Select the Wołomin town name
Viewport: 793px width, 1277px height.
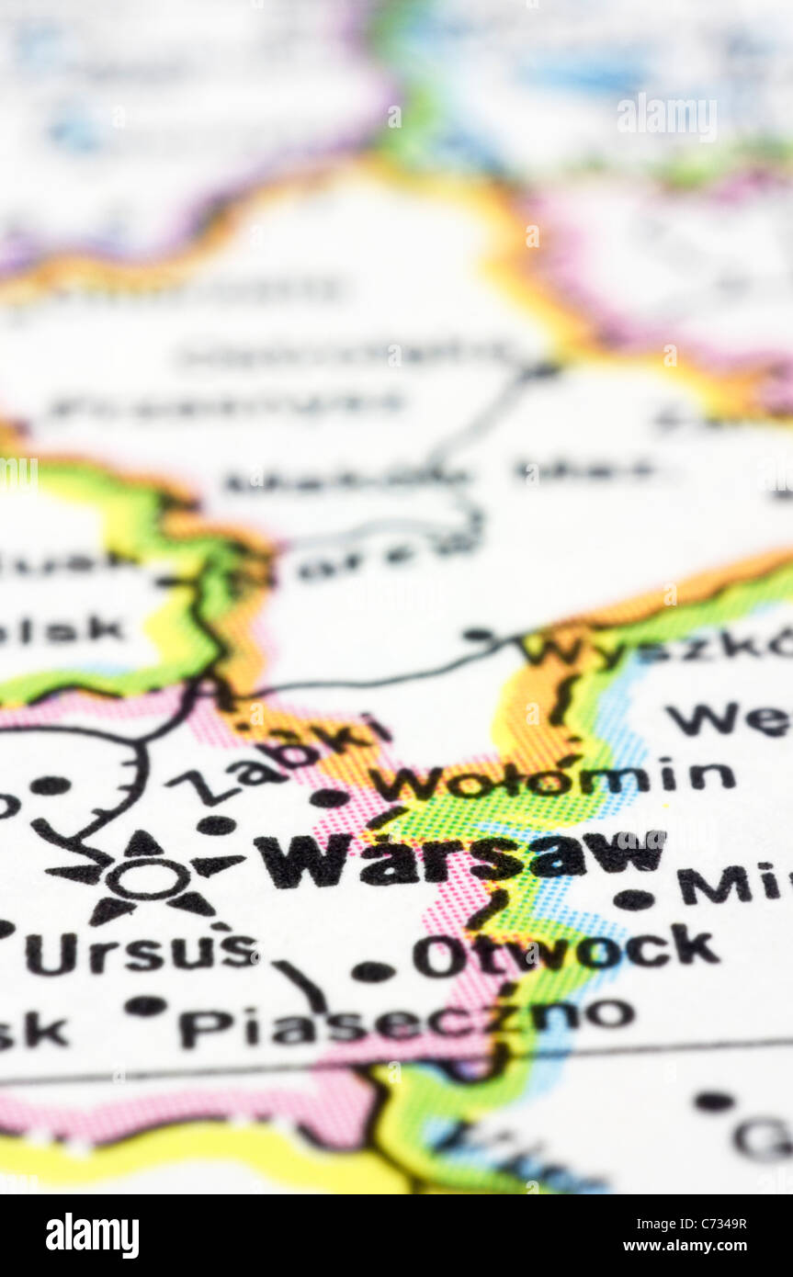pyautogui.click(x=551, y=780)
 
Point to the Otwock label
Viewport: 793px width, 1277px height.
pyautogui.click(x=565, y=952)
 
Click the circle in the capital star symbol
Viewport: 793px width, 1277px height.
pyautogui.click(x=147, y=878)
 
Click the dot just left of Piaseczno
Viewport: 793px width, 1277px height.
pyautogui.click(x=146, y=1005)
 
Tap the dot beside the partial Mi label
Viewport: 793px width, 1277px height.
pyautogui.click(x=633, y=899)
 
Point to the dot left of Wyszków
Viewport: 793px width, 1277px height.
pyautogui.click(x=478, y=634)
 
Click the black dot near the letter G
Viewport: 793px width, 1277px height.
pyautogui.click(x=713, y=1101)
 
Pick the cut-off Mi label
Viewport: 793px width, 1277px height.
pyautogui.click(x=731, y=884)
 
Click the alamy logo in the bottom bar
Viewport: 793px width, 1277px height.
pyautogui.click(x=92, y=1236)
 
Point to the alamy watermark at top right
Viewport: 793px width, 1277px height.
pyautogui.click(x=666, y=118)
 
